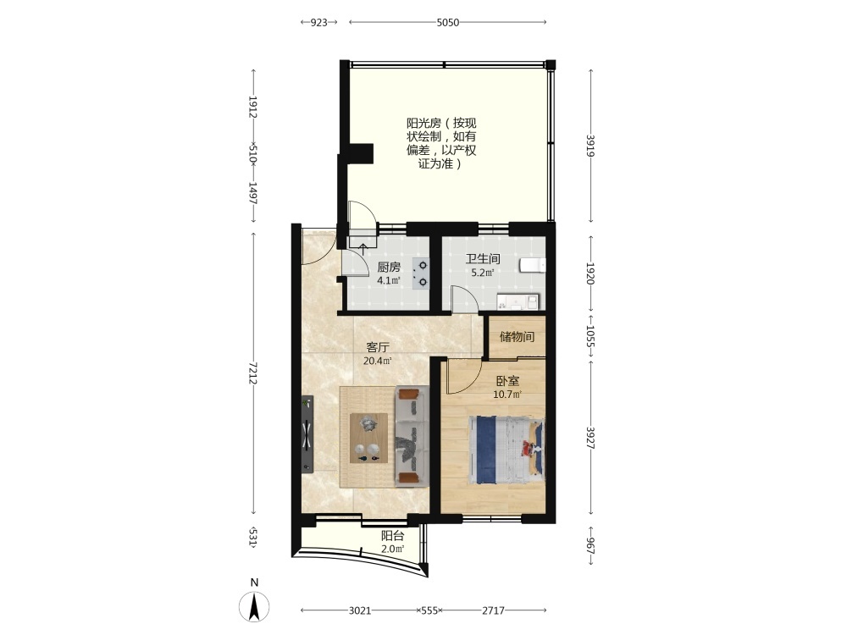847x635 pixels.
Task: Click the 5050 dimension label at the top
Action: (448, 22)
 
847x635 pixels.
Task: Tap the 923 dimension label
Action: (318, 22)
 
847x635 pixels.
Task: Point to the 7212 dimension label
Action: (252, 373)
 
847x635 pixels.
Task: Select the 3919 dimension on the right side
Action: (591, 146)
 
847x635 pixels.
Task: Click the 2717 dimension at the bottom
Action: (493, 610)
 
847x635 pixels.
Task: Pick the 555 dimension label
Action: (429, 610)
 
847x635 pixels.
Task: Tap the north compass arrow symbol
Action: (254, 606)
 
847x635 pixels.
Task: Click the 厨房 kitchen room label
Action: (389, 267)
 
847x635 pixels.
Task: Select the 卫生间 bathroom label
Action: (483, 258)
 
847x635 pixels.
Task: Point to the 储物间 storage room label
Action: (517, 337)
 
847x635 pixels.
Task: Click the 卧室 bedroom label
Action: (507, 381)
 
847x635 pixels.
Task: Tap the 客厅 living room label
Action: (378, 347)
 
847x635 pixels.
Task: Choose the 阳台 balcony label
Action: (393, 536)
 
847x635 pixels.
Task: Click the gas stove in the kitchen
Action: (420, 273)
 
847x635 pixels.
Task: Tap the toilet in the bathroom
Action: (533, 265)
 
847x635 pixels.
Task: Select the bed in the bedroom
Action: (507, 450)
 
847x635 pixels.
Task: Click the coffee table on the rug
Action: (369, 438)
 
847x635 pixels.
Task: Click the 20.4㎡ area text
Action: (378, 361)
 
